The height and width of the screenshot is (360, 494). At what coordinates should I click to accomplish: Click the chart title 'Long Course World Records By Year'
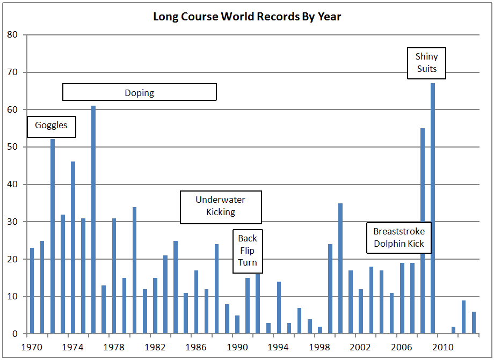click(x=247, y=17)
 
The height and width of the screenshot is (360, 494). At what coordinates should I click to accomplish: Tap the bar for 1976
click(x=93, y=219)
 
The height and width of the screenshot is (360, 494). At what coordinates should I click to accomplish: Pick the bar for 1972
click(x=53, y=236)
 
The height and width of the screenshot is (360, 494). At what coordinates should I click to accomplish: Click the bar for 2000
click(x=340, y=268)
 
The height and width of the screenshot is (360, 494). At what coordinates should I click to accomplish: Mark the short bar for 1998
click(x=320, y=330)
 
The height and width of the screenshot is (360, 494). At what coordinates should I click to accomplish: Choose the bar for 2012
click(x=463, y=317)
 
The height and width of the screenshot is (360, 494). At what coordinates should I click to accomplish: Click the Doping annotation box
click(x=140, y=92)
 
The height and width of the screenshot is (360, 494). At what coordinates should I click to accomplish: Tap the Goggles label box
click(x=52, y=126)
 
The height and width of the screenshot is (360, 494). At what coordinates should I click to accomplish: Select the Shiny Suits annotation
click(x=426, y=62)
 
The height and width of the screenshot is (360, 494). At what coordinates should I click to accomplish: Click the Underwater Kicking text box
click(x=220, y=206)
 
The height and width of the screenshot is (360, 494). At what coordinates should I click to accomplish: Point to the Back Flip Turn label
click(x=248, y=251)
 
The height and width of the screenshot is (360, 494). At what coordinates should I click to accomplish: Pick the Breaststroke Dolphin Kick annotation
click(x=399, y=238)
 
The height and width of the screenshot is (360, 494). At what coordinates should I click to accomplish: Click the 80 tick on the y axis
click(x=13, y=35)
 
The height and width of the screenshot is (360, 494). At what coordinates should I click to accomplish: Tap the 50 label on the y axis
click(x=13, y=147)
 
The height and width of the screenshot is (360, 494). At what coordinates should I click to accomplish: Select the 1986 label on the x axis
click(x=195, y=347)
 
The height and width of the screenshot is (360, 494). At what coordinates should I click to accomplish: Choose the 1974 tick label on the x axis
click(x=73, y=347)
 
